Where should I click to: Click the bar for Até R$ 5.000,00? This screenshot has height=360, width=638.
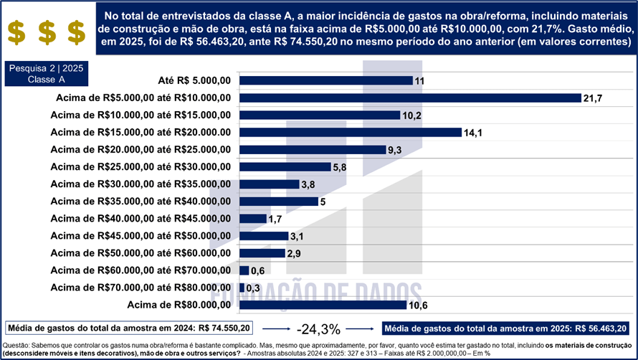(326, 80)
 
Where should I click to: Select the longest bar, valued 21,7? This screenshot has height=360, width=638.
(410, 98)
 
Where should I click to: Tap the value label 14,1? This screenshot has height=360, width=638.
(473, 133)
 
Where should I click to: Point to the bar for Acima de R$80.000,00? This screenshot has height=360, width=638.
(323, 305)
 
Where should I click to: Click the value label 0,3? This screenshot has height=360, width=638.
(253, 288)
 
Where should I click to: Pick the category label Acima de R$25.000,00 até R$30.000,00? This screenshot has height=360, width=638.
(141, 167)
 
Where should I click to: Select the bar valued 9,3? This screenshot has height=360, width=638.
(313, 149)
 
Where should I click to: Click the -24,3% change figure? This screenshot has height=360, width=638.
(318, 329)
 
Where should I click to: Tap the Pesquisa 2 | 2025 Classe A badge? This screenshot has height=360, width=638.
(47, 74)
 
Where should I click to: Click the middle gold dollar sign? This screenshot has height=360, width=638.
(47, 32)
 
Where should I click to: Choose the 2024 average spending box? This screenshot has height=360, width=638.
(129, 328)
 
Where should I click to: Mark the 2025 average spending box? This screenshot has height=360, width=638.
(505, 328)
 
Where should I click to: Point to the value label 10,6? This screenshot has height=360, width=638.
(418, 305)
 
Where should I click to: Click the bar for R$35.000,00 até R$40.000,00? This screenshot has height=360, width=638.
(279, 202)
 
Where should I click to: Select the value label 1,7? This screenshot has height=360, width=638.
(275, 219)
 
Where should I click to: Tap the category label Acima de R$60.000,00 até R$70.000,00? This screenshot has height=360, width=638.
(141, 270)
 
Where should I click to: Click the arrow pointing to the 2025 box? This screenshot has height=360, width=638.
(360, 328)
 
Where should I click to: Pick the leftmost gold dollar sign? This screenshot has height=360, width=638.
(16, 32)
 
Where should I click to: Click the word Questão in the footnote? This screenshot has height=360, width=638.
(16, 346)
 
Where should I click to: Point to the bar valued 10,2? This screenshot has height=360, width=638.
(320, 115)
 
